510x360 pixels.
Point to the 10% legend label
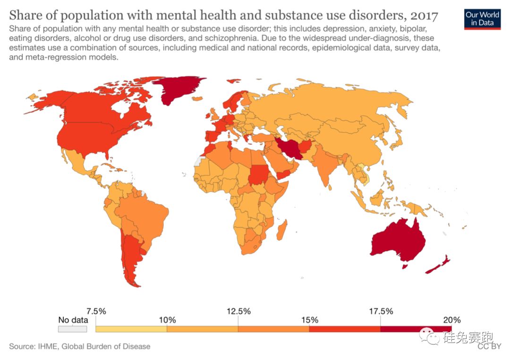(167, 320)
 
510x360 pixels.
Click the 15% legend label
(309, 320)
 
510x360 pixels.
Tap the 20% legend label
(451, 320)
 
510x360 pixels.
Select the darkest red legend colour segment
(416, 329)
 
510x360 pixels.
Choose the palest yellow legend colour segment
(131, 329)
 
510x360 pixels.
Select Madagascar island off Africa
(282, 230)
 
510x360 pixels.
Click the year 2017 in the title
(424, 16)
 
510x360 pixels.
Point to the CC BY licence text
(488, 347)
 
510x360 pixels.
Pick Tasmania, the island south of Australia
(404, 266)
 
